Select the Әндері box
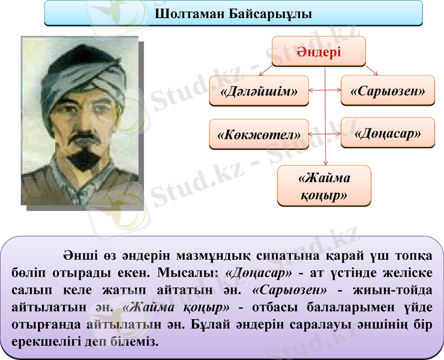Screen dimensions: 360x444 (318, 52)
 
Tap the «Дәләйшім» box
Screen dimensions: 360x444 (259, 91)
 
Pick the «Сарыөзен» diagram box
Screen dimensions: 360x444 (388, 91)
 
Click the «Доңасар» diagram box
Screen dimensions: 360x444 (388, 133)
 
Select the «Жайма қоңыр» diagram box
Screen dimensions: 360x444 (324, 187)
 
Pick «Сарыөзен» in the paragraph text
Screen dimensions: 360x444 (290, 290)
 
